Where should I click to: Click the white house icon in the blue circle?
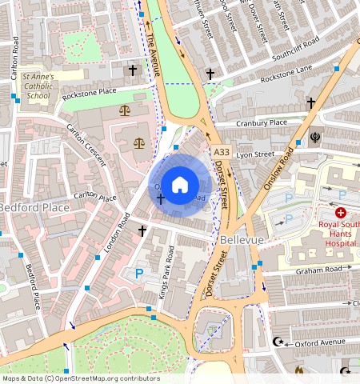coord(180,184)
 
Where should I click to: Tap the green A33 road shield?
coord(222,151)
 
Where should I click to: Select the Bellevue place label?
coord(238,240)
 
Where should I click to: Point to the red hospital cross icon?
coord(341,213)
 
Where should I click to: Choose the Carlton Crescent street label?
coord(86,144)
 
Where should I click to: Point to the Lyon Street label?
coord(255,154)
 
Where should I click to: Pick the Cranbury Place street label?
coord(262,122)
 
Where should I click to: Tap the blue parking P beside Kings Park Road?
coord(139,274)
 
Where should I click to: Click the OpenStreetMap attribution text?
coord(80,378)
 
